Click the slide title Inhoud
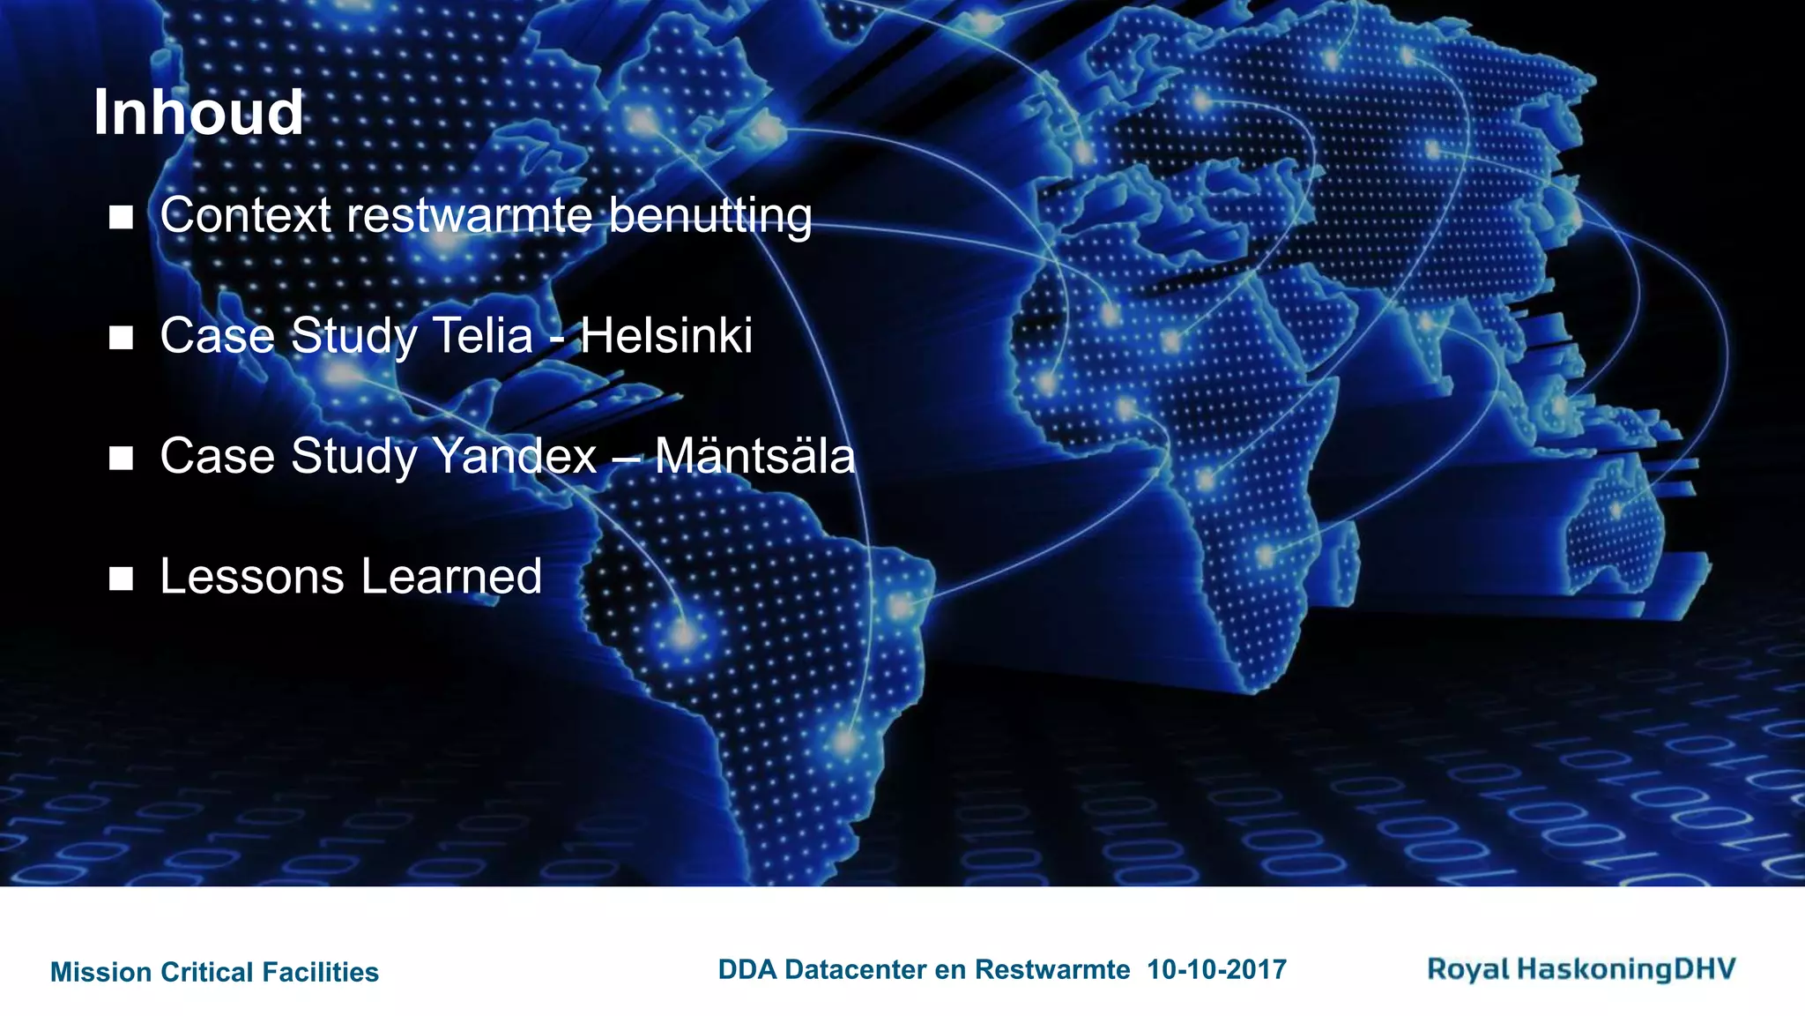pos(198,113)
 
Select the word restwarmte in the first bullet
pos(469,215)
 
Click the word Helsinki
pos(666,336)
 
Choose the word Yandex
pos(515,457)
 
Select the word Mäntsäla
pos(754,457)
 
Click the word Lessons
pos(252,577)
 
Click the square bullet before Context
pos(121,217)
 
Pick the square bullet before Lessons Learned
pos(121,579)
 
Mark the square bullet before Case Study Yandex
pos(121,459)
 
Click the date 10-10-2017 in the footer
pos(1216,970)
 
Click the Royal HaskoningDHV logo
pos(1581,969)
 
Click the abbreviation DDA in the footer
pos(747,970)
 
